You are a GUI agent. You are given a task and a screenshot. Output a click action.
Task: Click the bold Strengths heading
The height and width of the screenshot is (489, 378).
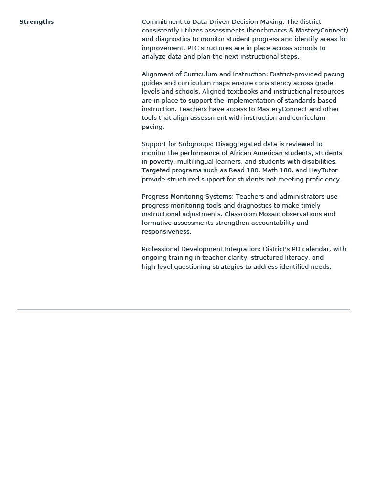click(x=36, y=22)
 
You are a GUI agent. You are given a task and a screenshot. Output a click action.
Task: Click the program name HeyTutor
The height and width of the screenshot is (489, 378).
click(x=323, y=170)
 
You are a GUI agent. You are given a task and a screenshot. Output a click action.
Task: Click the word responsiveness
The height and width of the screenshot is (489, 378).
click(x=166, y=232)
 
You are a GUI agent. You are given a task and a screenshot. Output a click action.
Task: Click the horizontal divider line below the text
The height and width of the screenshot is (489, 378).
click(x=184, y=310)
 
